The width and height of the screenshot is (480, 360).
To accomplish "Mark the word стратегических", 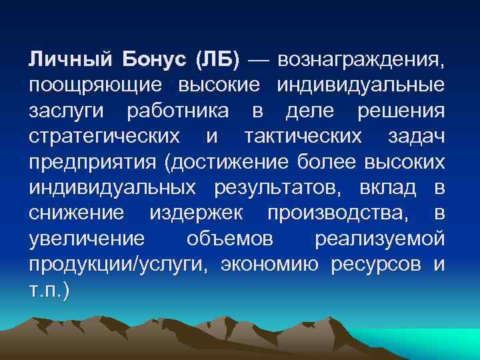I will point(104,137).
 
